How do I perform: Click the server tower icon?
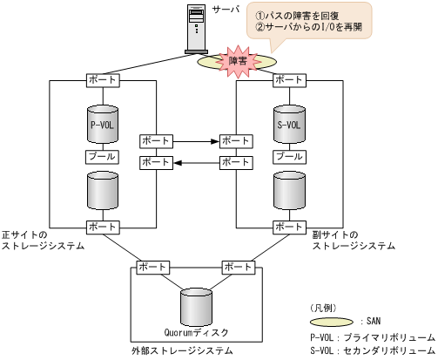click(x=199, y=29)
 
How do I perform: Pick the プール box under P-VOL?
click(x=102, y=157)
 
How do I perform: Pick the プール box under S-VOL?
click(x=289, y=157)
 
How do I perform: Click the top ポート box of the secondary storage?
click(x=289, y=80)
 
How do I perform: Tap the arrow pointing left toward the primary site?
click(x=195, y=162)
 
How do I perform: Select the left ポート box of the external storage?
click(x=153, y=267)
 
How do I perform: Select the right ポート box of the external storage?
click(x=238, y=267)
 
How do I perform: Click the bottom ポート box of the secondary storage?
click(x=289, y=228)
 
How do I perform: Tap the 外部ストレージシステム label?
click(x=182, y=351)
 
